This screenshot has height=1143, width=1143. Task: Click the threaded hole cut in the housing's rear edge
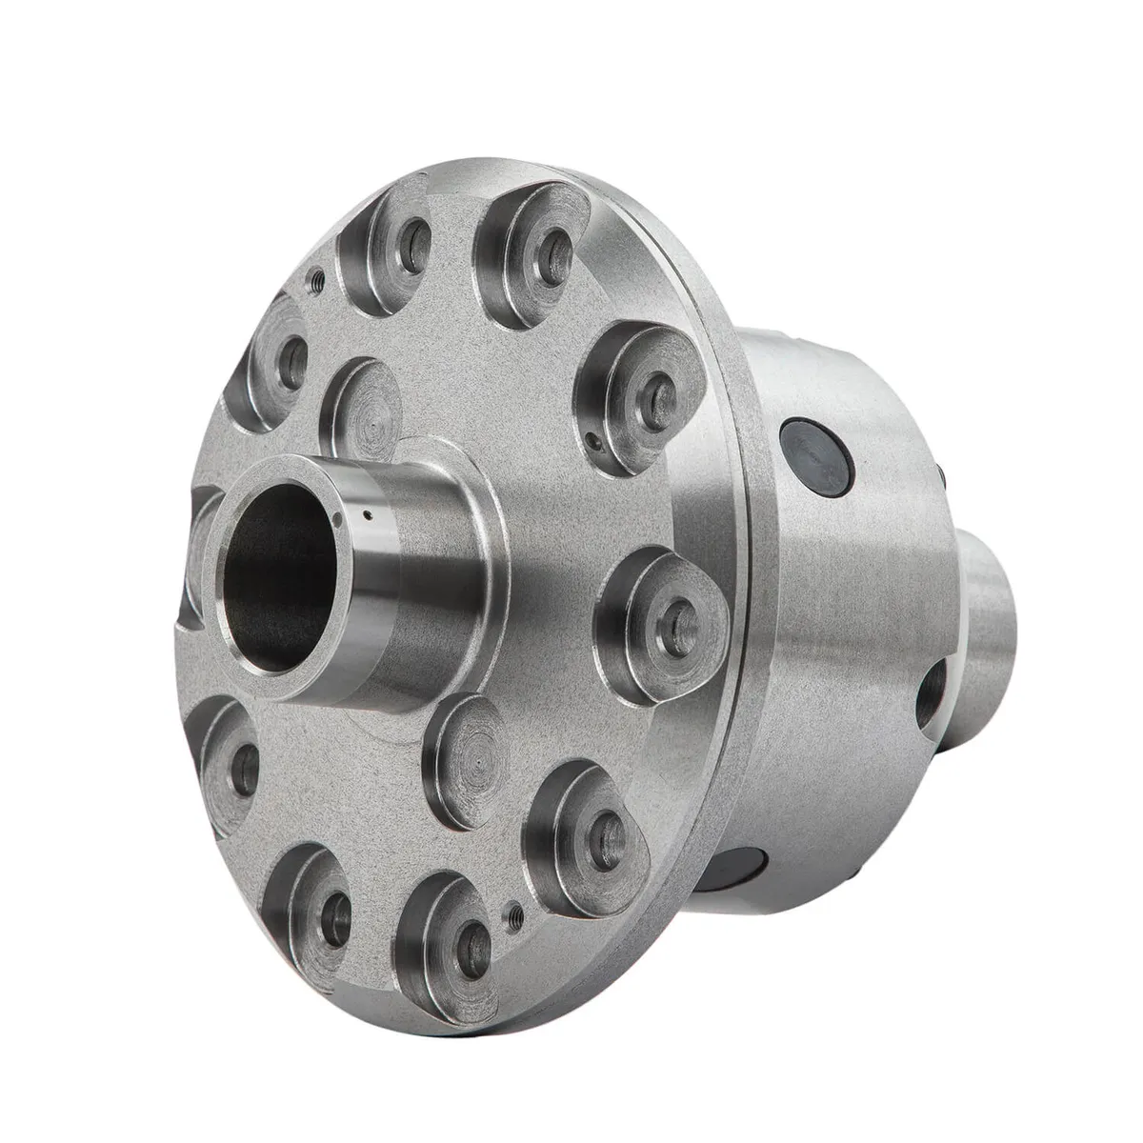pyautogui.click(x=932, y=695)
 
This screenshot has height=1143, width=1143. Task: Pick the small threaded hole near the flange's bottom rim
pyautogui.click(x=515, y=913)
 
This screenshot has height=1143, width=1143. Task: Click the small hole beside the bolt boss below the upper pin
pyautogui.click(x=592, y=441)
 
